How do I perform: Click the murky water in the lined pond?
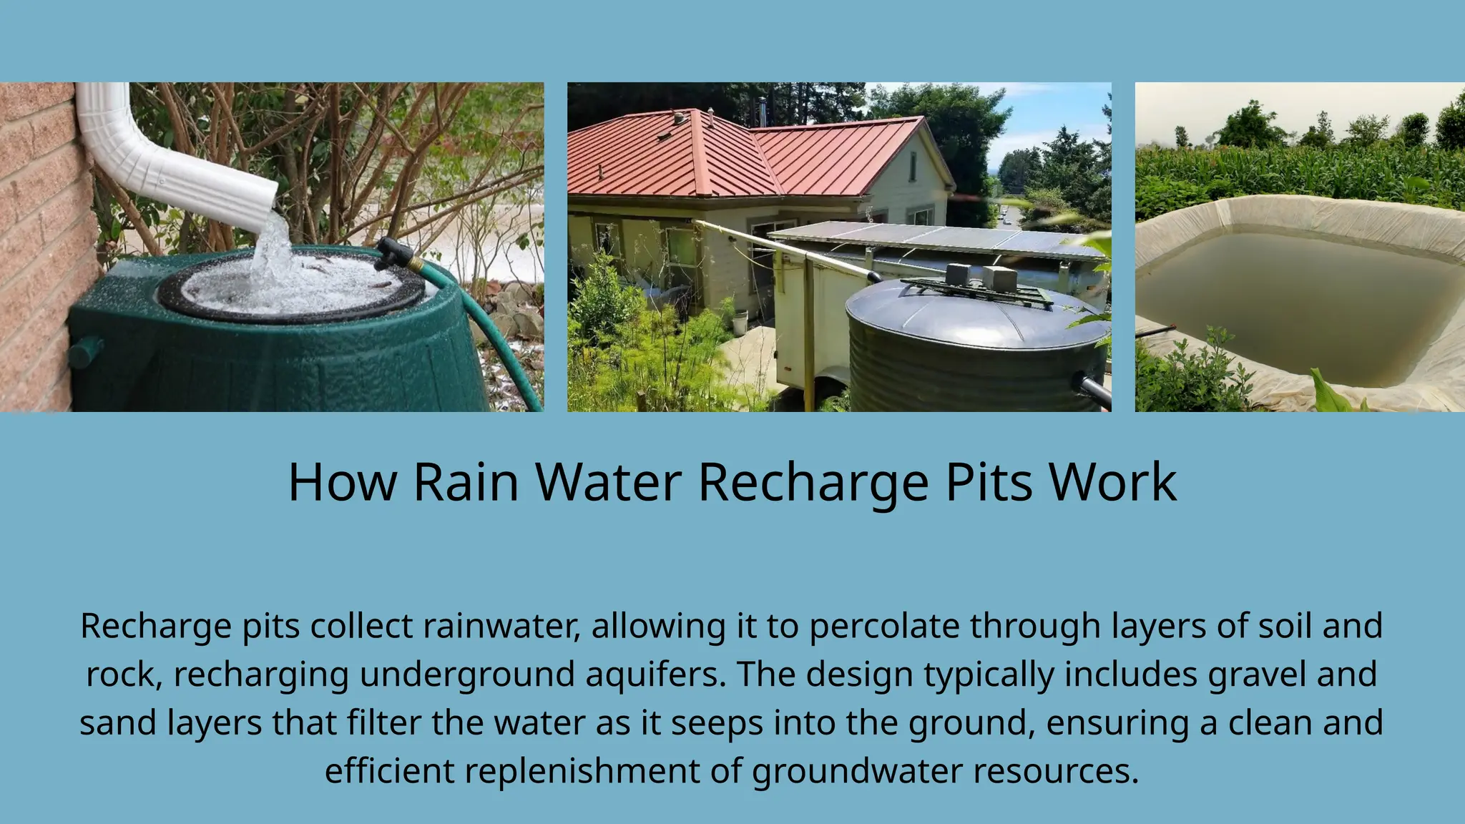[1295, 300]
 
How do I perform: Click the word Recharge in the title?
[813, 482]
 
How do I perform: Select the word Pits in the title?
[989, 482]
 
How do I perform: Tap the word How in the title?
[342, 482]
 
